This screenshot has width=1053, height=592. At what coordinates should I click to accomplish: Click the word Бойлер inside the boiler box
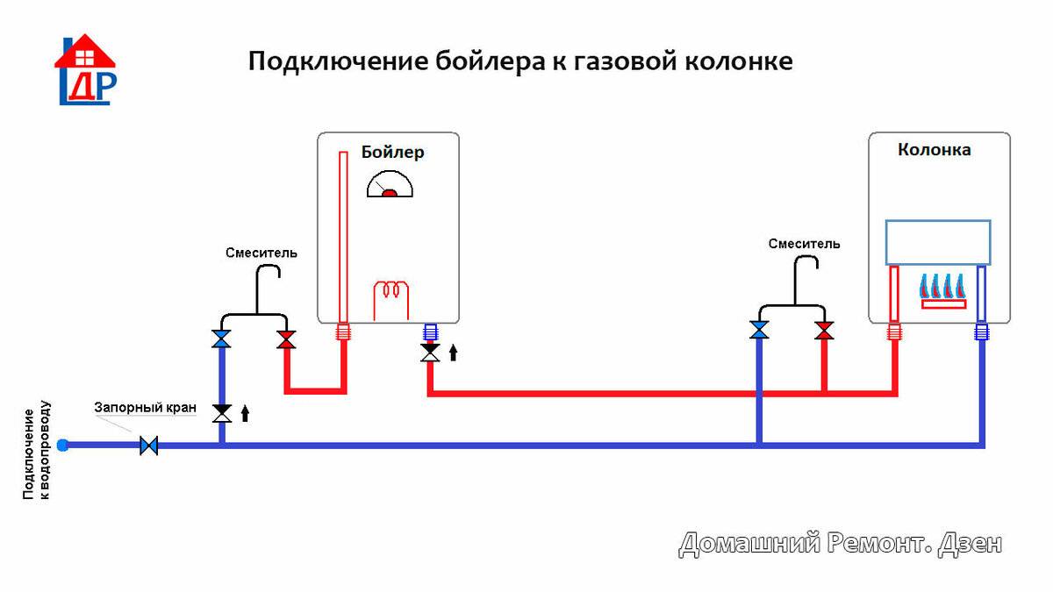392,153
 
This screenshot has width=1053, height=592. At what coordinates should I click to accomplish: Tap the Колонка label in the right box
934,150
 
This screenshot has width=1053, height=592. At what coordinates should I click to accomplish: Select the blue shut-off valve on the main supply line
149,446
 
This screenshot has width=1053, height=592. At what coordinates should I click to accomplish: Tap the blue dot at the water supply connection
62,446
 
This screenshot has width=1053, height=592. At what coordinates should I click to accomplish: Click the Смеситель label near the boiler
261,253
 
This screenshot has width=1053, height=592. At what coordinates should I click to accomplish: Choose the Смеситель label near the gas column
804,244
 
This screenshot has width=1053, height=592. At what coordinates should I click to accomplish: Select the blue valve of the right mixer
759,331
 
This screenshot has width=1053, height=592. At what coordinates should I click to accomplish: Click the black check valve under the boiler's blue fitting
430,353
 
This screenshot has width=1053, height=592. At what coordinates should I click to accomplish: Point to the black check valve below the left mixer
222,412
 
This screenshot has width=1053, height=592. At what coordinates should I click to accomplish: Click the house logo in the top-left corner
84,70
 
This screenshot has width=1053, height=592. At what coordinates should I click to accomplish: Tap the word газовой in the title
594,62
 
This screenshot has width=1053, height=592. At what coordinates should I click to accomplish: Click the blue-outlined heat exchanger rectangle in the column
937,242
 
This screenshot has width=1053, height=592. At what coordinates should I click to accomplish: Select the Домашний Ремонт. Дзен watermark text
840,544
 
